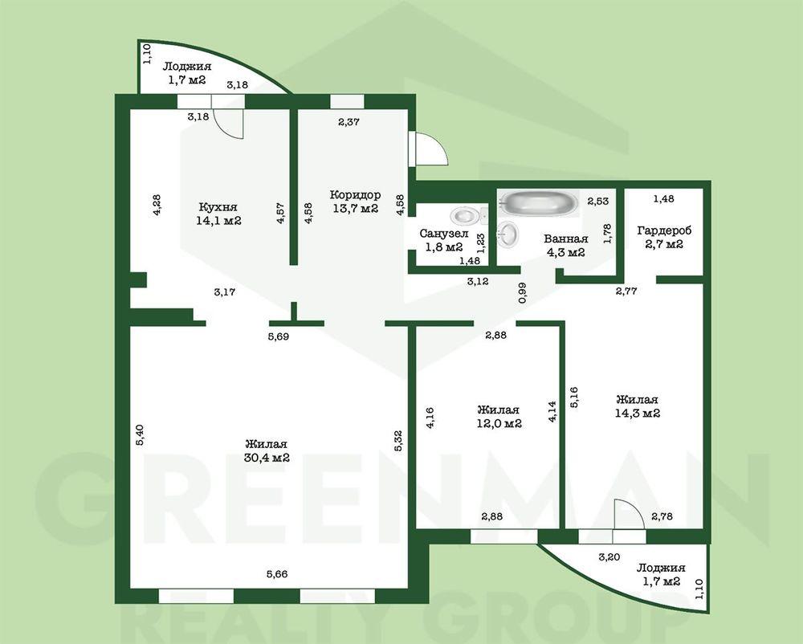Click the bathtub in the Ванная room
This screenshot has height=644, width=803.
click(540, 203)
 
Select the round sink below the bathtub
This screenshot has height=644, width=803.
click(508, 235)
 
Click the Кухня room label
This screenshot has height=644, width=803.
click(218, 207)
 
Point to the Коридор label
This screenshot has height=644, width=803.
click(355, 195)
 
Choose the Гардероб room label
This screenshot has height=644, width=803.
click(664, 231)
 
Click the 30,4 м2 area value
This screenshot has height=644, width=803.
click(267, 458)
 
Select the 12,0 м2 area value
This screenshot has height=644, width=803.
click(499, 424)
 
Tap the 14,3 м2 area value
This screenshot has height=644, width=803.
click(638, 413)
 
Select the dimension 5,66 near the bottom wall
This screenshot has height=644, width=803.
click(276, 574)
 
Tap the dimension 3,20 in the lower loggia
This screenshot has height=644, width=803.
click(609, 557)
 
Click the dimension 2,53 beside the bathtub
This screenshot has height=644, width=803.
click(598, 202)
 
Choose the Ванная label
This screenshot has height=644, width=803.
click(566, 238)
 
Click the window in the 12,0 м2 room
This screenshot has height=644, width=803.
click(504, 536)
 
